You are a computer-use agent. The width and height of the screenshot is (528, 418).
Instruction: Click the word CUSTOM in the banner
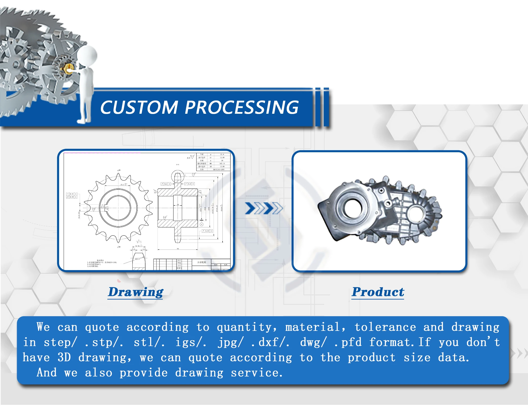tap(139, 107)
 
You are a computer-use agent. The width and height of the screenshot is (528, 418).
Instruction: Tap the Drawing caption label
tap(136, 292)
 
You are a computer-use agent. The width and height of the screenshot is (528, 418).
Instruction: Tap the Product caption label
tap(378, 292)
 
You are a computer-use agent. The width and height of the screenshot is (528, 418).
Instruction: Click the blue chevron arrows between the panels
tap(264, 208)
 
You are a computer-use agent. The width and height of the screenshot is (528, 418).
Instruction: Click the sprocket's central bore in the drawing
tap(118, 208)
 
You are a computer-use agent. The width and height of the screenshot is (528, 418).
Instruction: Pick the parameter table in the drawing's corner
tap(213, 162)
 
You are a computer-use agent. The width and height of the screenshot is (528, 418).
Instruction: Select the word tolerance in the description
tap(385, 327)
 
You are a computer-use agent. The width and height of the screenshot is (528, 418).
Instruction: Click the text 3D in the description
tap(64, 357)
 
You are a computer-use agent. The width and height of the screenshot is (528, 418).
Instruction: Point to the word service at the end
tap(256, 373)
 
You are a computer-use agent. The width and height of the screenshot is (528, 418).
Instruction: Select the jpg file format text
tap(230, 342)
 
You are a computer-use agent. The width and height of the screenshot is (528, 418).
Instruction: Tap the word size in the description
tap(417, 357)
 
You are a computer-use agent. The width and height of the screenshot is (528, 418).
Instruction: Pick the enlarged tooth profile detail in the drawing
tap(139, 261)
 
